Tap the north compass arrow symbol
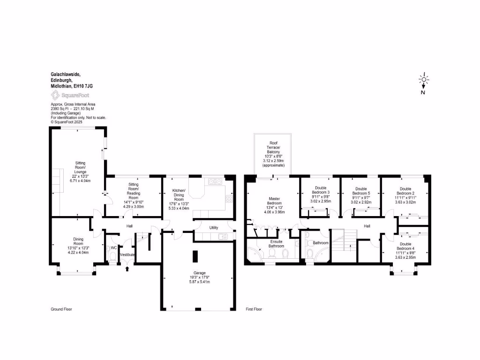click(423, 85)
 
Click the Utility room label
click(214, 227)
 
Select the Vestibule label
click(127, 255)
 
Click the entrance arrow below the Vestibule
click(127, 269)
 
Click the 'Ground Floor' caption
click(61, 309)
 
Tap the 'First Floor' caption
click(254, 309)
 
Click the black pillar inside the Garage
click(196, 257)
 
